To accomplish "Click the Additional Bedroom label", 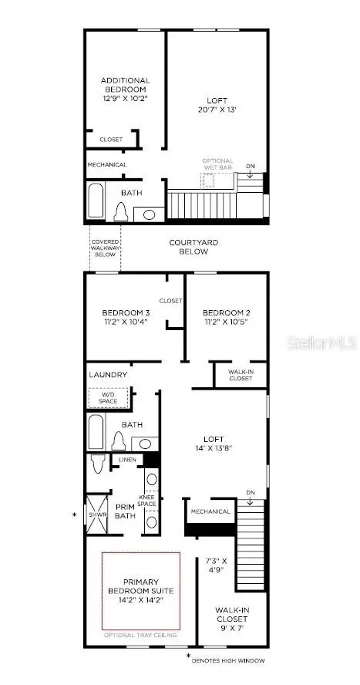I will tap(126, 86).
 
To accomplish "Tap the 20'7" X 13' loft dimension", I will tap(217, 110).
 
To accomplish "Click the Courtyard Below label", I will tap(193, 247).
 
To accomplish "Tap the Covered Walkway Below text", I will tap(105, 248).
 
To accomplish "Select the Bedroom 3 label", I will tap(126, 312).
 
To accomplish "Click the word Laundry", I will tap(108, 375).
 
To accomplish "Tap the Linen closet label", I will tap(127, 460).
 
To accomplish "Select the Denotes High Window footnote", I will tap(230, 660).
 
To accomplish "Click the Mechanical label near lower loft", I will tap(211, 511).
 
